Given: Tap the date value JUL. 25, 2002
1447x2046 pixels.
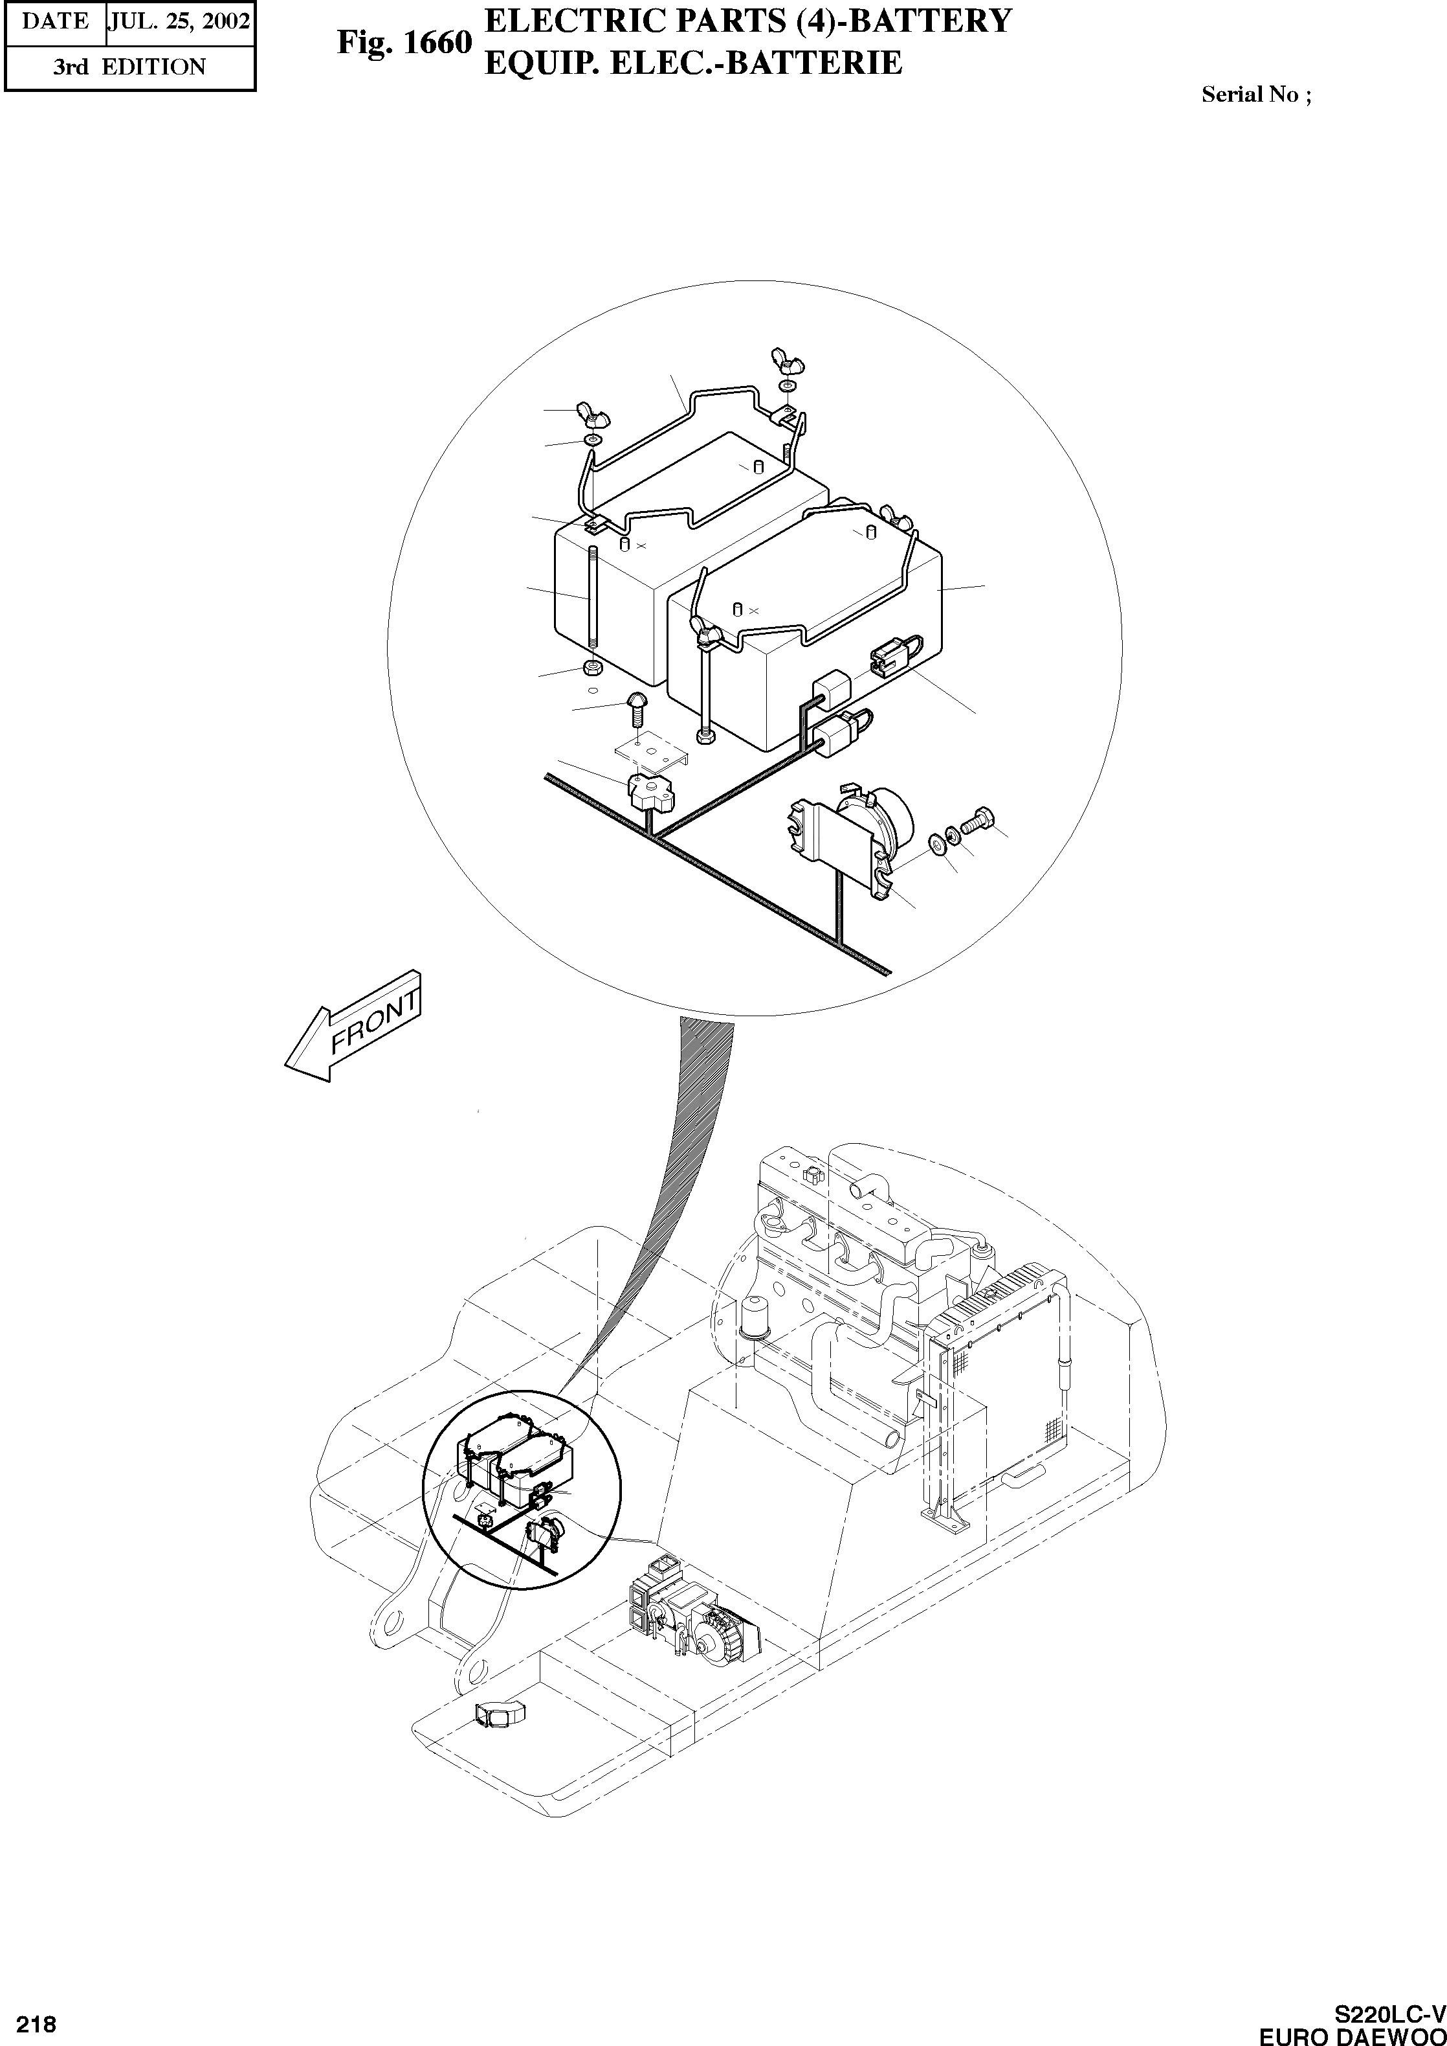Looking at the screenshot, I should pyautogui.click(x=179, y=21).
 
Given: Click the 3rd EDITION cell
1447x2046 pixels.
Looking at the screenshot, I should pyautogui.click(x=129, y=67).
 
